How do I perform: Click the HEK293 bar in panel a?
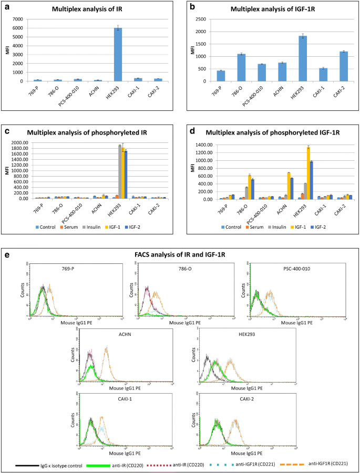point(118,55)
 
